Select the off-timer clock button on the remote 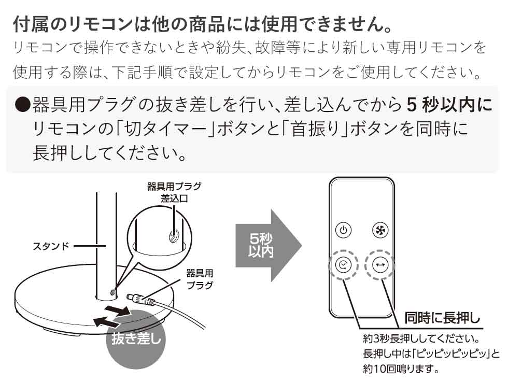343,265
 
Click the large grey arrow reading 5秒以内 267,245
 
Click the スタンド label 51,245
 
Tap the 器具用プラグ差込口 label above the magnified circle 174,192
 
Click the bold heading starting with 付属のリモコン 200,24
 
